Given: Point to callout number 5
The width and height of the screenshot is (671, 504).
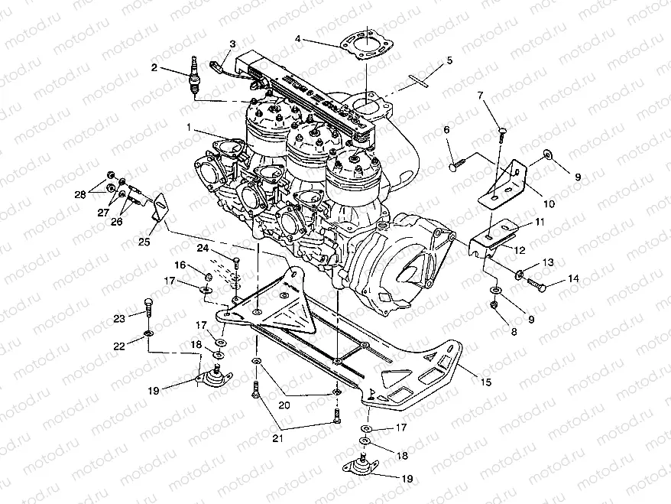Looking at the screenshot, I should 449,60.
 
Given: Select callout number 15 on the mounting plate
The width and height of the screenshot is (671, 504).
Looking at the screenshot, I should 486,381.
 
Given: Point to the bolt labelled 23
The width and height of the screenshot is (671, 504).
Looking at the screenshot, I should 147,310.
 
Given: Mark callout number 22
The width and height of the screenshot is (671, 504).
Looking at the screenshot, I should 118,346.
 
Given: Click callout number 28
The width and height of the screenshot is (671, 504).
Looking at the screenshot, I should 79,195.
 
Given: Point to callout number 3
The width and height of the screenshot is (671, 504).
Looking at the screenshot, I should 232,44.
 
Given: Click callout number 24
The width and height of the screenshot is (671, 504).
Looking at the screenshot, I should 203,248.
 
